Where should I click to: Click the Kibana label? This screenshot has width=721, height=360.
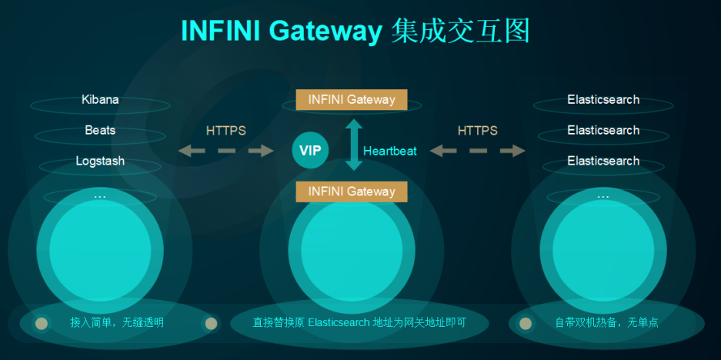pos(100,100)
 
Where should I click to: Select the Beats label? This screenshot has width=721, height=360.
pos(100,131)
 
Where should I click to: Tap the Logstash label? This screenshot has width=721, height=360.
pos(100,162)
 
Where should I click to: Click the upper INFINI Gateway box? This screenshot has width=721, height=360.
pos(352,100)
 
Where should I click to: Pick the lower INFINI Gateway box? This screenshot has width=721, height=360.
pos(352,192)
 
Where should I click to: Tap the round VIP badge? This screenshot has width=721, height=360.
pos(310,150)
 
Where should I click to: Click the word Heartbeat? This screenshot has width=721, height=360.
pos(389,151)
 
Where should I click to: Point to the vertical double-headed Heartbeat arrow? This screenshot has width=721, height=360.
pos(353,145)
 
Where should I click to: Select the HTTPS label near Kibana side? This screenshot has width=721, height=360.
pos(226,131)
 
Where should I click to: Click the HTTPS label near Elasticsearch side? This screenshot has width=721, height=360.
pos(478,131)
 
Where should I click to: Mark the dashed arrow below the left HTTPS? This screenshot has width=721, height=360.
pos(226,151)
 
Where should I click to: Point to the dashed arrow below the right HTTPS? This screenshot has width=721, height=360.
pos(478,151)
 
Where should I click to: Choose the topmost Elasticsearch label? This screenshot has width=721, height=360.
pos(603,100)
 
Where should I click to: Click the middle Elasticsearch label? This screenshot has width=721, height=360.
pos(603,131)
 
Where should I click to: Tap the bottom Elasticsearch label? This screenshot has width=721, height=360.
pos(603,162)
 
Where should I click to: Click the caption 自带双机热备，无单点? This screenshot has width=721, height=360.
pos(606,322)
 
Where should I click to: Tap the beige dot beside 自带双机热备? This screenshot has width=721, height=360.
pos(526,323)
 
